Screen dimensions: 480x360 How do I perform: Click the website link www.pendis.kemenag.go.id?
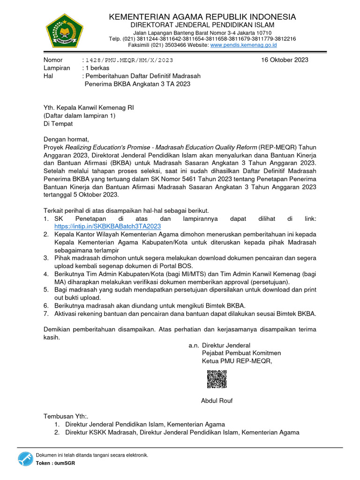[x=244, y=45]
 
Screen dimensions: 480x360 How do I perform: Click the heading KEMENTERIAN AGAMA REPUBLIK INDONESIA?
[x=202, y=17]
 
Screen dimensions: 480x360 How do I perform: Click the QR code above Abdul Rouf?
[x=216, y=379]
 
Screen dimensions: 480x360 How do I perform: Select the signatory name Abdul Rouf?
[x=217, y=401]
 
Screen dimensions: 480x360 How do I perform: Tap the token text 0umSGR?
[x=65, y=463]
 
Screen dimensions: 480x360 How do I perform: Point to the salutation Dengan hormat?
[x=66, y=139]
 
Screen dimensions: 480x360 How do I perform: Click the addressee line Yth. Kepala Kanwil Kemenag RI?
[x=89, y=107]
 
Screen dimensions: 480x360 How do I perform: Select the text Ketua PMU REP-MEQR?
[x=237, y=361]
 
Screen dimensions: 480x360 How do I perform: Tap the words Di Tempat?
[x=58, y=124]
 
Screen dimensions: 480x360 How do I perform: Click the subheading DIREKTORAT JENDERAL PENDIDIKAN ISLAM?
[x=202, y=25]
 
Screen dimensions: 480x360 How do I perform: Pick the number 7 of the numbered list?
[x=45, y=313]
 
